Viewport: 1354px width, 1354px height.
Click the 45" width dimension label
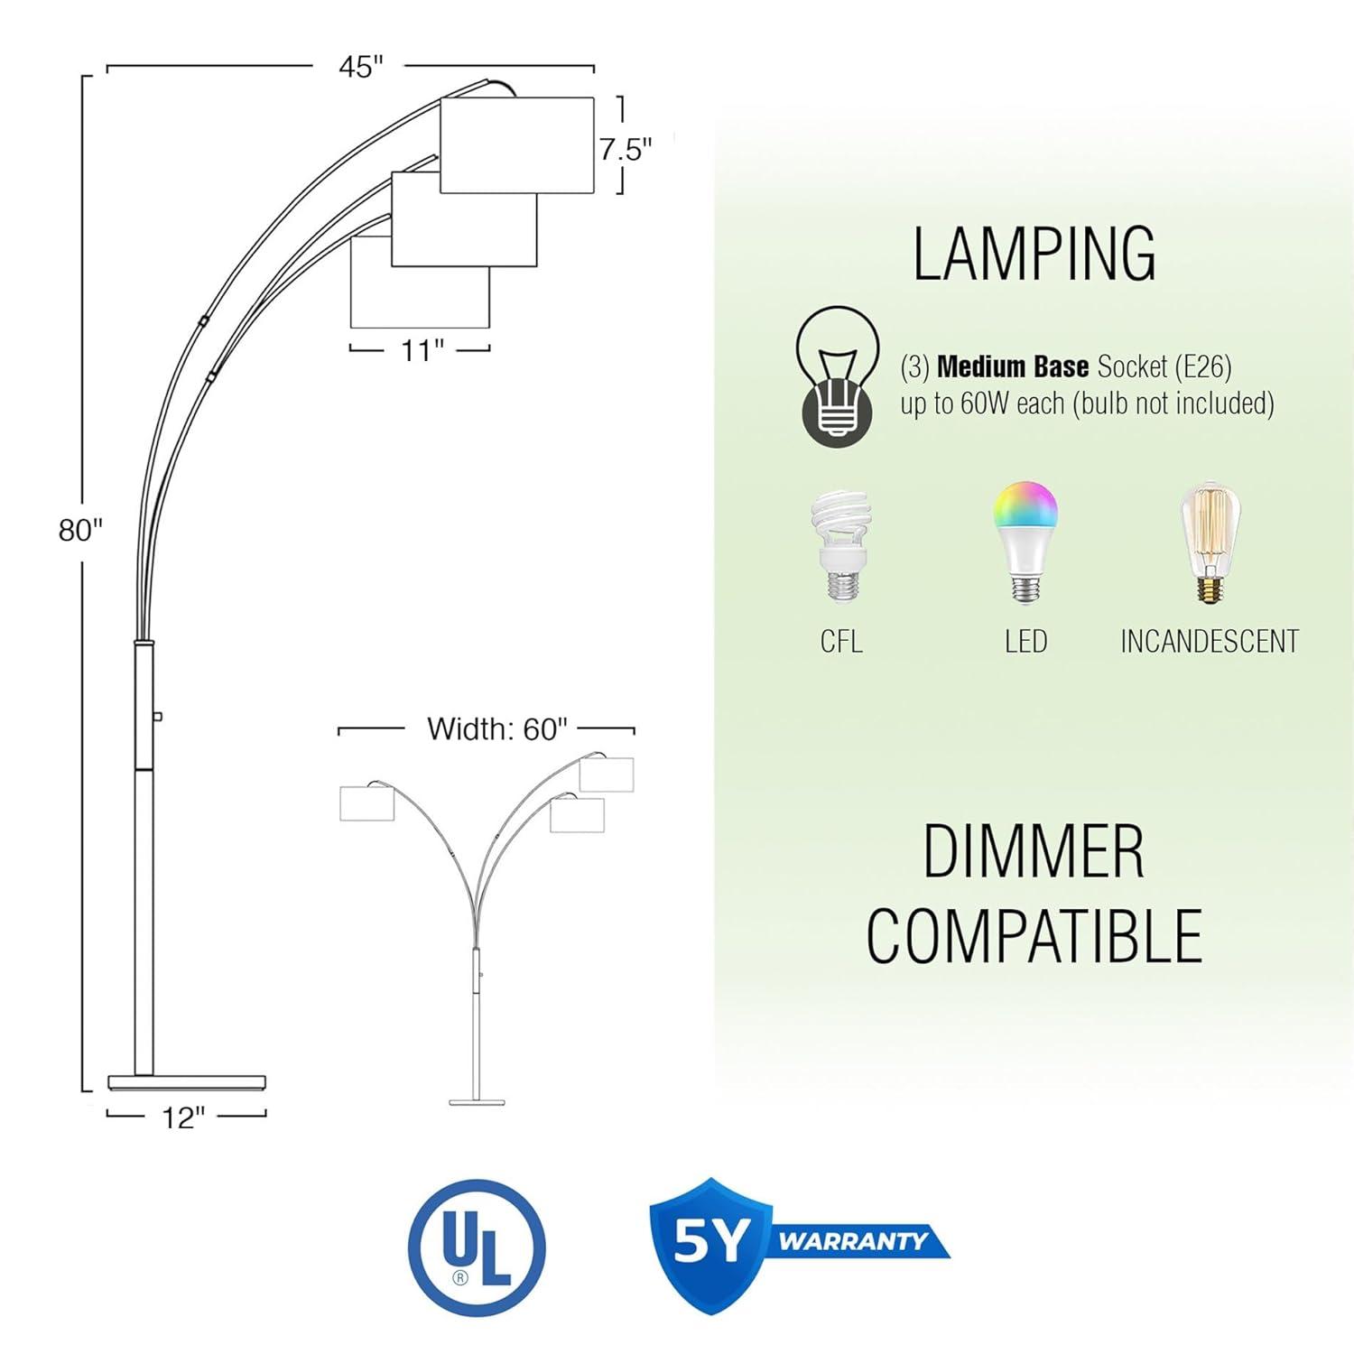click(361, 66)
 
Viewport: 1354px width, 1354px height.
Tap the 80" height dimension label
click(81, 530)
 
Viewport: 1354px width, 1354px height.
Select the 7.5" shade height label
click(626, 149)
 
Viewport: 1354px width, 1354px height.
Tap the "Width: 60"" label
click(497, 728)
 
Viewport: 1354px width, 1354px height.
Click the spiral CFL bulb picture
click(840, 547)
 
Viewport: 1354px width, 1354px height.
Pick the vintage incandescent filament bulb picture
click(1210, 543)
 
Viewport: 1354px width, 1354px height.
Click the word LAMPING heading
click(1034, 254)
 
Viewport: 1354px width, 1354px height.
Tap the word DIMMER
click(1034, 851)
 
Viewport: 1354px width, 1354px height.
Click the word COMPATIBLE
click(1034, 935)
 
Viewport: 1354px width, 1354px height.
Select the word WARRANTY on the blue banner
click(853, 1241)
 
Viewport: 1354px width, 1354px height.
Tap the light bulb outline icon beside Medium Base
click(837, 376)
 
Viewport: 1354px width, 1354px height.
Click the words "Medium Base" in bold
click(1013, 366)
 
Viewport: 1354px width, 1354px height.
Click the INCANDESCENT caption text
click(1210, 642)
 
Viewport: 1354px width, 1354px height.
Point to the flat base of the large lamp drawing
click(187, 1081)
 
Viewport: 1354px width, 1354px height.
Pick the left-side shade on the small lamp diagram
click(367, 803)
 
